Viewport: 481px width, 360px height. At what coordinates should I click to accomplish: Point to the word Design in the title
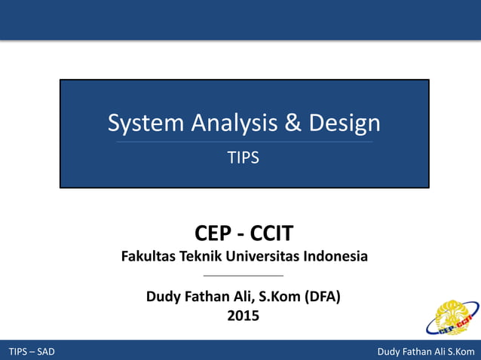(x=343, y=123)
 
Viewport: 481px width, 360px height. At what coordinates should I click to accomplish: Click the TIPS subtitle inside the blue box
(x=244, y=158)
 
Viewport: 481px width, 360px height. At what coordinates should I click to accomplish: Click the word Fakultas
(x=149, y=256)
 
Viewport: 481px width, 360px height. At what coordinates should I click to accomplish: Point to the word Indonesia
(x=335, y=256)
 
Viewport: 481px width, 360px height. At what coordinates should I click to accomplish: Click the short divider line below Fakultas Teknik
(x=244, y=276)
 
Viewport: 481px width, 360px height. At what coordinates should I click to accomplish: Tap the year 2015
(x=244, y=316)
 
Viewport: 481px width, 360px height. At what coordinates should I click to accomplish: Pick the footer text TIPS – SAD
(x=32, y=352)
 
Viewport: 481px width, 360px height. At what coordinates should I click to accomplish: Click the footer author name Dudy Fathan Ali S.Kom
(x=426, y=352)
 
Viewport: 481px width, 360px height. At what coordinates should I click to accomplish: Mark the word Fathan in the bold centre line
(x=207, y=296)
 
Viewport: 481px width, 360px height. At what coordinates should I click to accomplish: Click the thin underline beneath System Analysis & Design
(x=244, y=142)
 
